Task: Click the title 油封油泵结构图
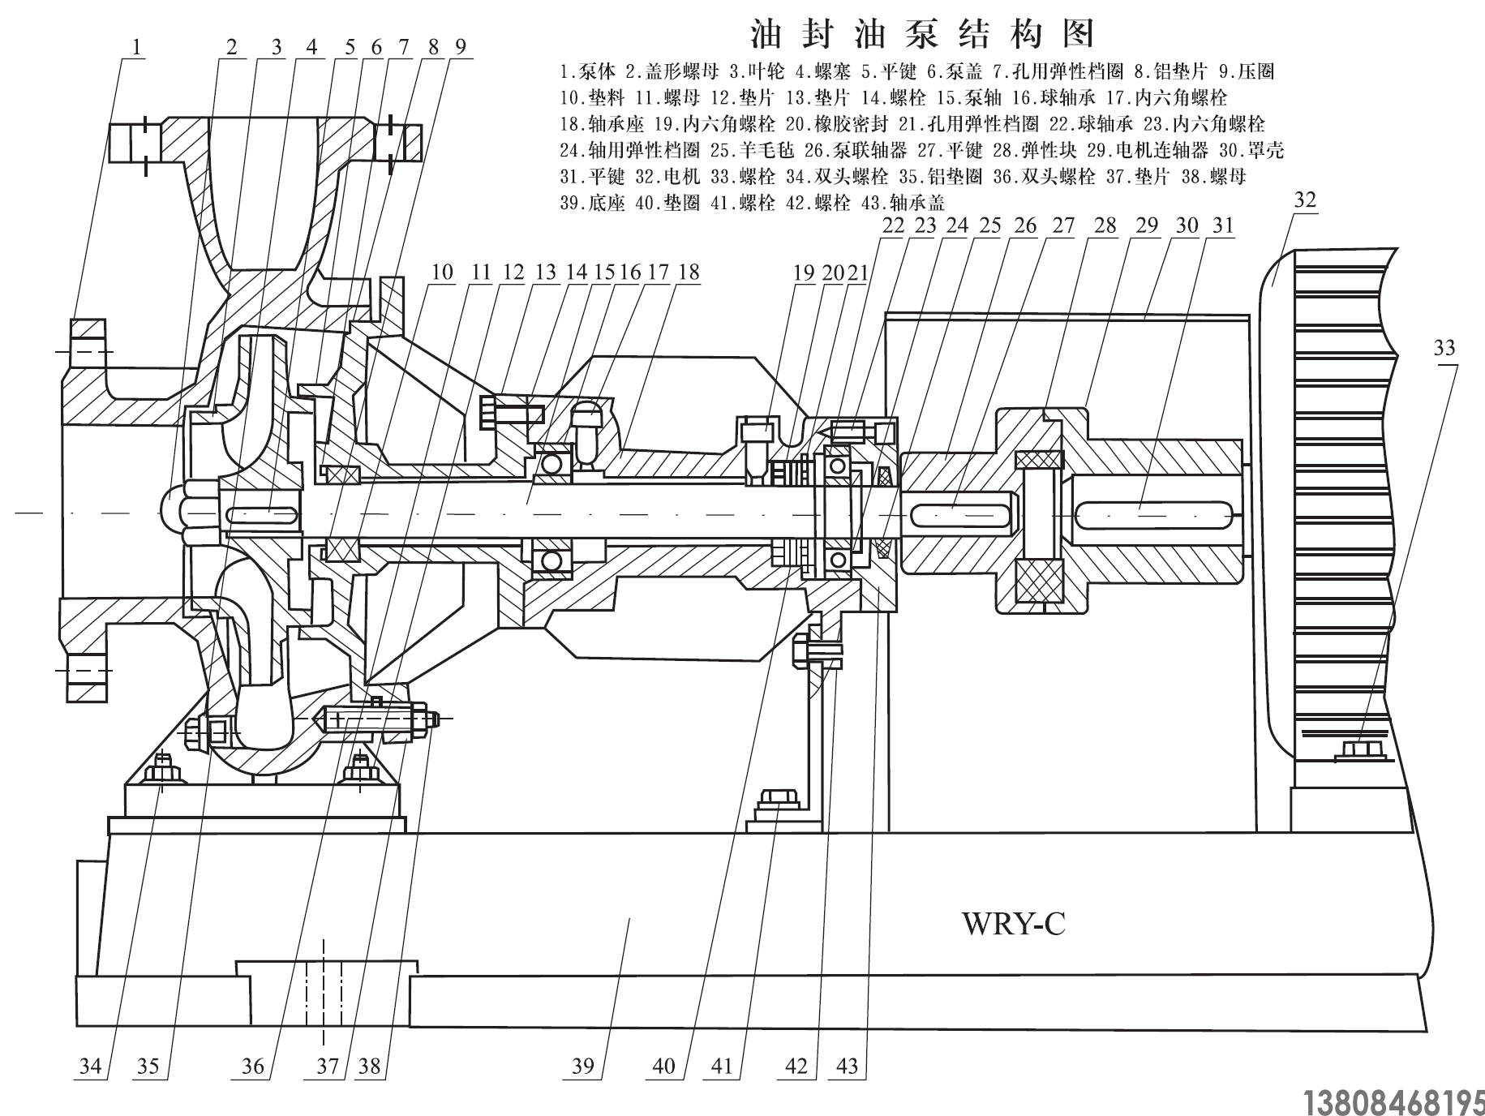922,34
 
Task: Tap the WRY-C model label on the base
1013,923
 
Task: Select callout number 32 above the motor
1305,200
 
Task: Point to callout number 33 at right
1444,348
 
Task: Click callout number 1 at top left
136,47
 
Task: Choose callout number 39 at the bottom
583,1065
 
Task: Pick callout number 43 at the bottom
846,1065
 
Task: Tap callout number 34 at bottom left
90,1065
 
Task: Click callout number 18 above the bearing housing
688,272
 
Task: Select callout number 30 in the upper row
1187,225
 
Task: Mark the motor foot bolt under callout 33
1361,749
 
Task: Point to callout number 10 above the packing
442,272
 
